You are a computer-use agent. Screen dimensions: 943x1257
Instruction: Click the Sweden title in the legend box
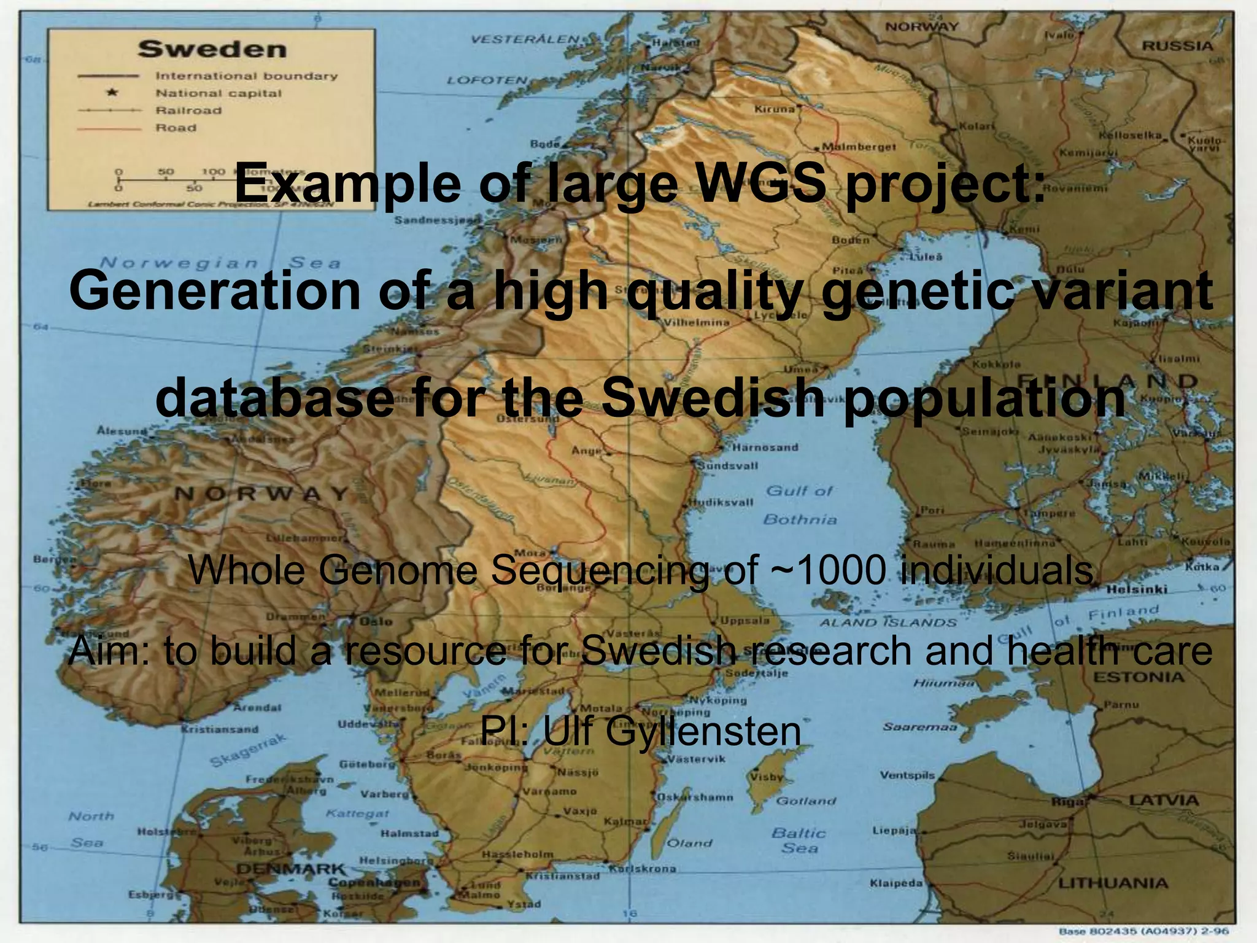pyautogui.click(x=212, y=49)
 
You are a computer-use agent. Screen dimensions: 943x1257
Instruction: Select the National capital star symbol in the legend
pyautogui.click(x=112, y=93)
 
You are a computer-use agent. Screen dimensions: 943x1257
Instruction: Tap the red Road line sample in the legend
pyautogui.click(x=109, y=128)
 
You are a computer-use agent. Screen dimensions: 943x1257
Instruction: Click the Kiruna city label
pyautogui.click(x=774, y=109)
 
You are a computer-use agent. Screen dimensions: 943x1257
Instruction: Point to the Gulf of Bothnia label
pyautogui.click(x=799, y=505)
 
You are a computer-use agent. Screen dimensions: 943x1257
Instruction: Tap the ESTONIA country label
pyautogui.click(x=1139, y=677)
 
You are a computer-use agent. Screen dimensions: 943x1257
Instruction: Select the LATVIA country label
pyautogui.click(x=1164, y=801)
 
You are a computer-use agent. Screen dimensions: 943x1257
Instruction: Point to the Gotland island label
pyautogui.click(x=805, y=801)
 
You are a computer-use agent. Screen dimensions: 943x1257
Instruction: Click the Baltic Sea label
pyautogui.click(x=799, y=840)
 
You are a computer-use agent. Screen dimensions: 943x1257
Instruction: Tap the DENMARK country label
pyautogui.click(x=291, y=869)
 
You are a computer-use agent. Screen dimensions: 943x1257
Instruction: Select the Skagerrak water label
pyautogui.click(x=248, y=750)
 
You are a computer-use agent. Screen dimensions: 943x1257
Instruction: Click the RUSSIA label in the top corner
pyautogui.click(x=1177, y=46)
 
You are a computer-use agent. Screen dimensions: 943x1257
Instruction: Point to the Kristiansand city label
pyautogui.click(x=219, y=730)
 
